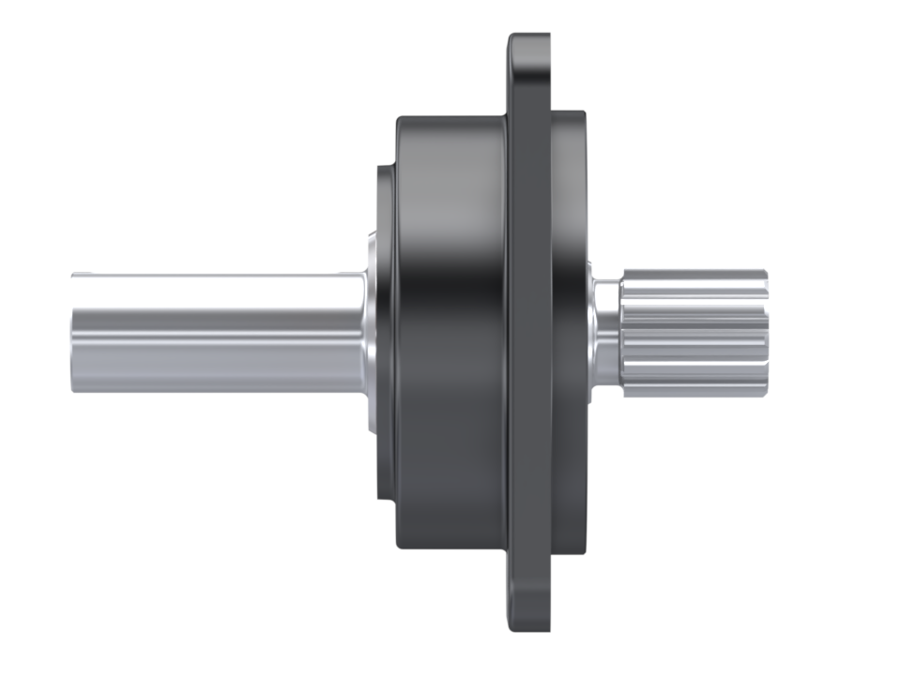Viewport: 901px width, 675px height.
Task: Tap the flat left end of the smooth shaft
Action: [x=73, y=333]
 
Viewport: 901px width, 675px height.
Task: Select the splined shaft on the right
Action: [x=695, y=333]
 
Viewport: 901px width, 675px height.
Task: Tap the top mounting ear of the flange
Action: [x=529, y=66]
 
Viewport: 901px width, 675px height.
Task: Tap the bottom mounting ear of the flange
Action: [x=529, y=600]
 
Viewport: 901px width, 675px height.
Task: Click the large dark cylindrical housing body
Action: [x=450, y=333]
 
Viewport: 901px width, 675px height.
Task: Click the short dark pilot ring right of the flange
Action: [x=568, y=333]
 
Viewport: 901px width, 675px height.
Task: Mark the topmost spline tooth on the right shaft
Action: [x=695, y=276]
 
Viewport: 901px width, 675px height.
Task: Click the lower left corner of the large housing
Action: [x=400, y=546]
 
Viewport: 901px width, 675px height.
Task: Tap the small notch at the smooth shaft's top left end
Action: [x=77, y=275]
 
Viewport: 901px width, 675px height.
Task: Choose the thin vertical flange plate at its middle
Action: [x=529, y=333]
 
